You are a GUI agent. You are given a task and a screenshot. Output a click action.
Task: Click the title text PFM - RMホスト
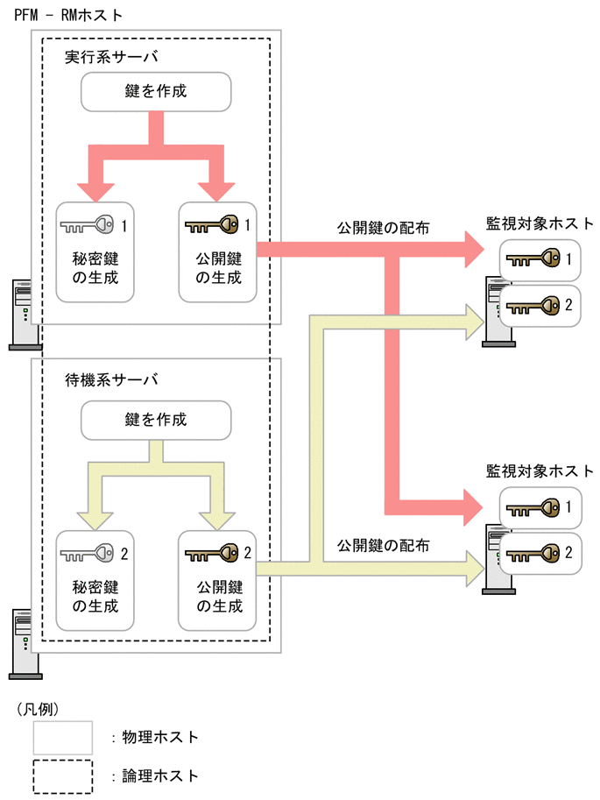click(69, 15)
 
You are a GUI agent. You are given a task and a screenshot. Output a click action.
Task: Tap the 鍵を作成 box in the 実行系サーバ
click(157, 92)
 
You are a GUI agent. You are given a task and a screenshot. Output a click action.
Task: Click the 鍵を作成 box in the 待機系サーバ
click(157, 420)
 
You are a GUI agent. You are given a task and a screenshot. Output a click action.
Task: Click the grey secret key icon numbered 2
click(88, 554)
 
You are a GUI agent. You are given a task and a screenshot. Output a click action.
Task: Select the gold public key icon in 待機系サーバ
click(211, 554)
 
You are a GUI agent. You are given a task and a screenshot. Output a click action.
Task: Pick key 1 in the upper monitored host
click(533, 259)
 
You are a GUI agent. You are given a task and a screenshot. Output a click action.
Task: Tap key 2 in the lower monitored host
click(533, 554)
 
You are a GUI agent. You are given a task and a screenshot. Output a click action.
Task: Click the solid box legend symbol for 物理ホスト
click(63, 736)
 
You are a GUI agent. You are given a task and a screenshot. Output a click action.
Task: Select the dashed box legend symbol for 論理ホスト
click(63, 775)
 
